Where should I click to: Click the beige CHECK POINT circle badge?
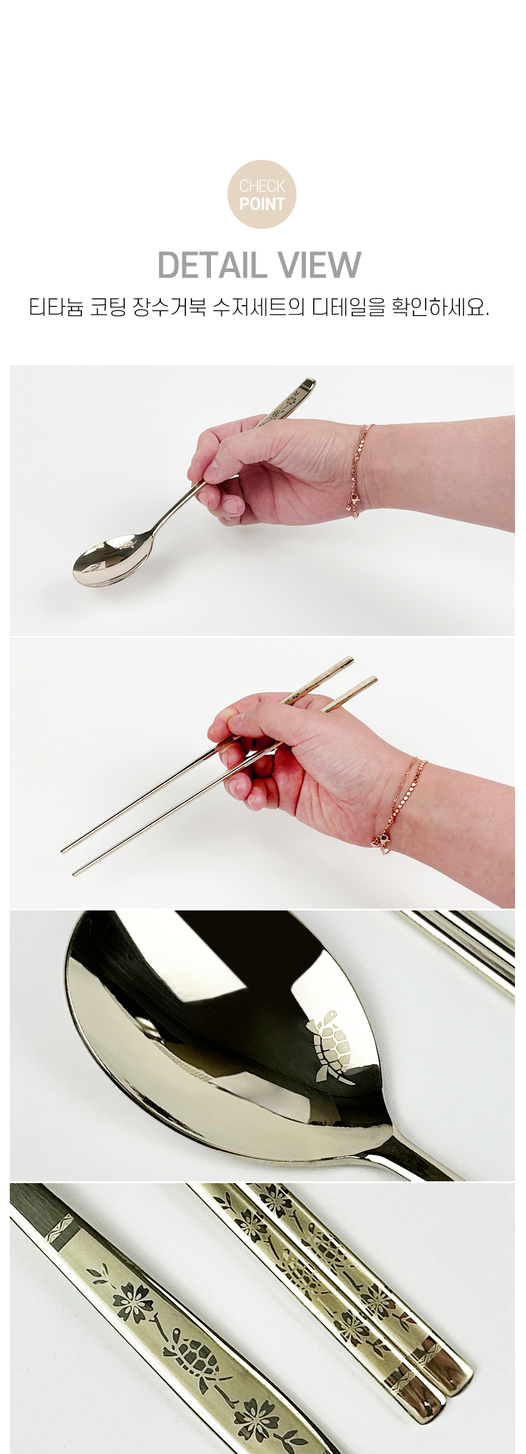pos(262,194)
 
